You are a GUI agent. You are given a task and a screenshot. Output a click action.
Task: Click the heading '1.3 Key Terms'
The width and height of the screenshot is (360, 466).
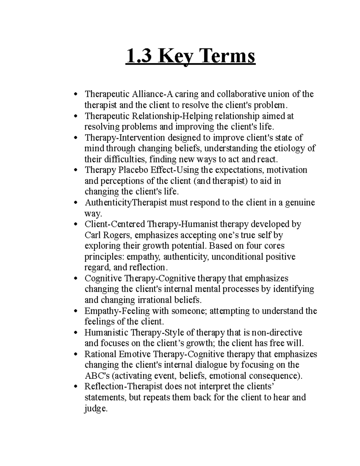[x=191, y=57]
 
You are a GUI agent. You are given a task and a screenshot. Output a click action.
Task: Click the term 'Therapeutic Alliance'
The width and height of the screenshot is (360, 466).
[x=124, y=94]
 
